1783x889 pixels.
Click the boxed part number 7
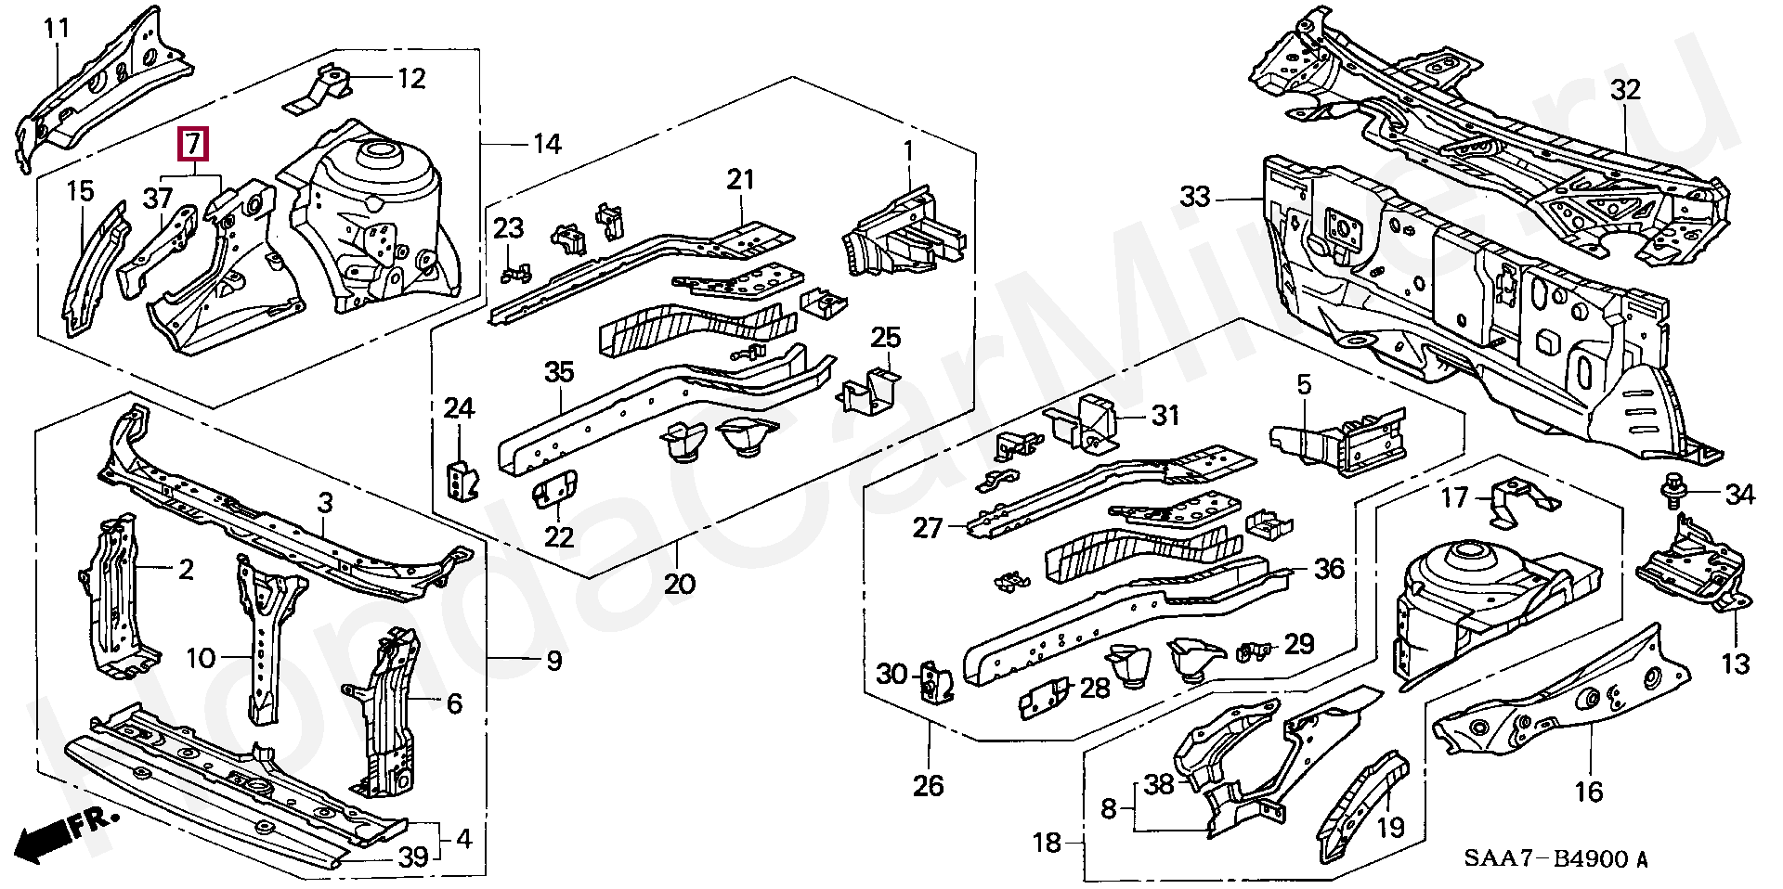point(193,145)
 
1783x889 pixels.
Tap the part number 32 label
point(1626,90)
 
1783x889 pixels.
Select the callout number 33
point(1196,197)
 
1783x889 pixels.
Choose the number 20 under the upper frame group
point(680,584)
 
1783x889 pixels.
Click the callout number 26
point(928,786)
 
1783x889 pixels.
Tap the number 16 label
point(1589,791)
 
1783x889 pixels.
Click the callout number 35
point(559,372)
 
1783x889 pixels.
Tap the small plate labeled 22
point(555,486)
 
